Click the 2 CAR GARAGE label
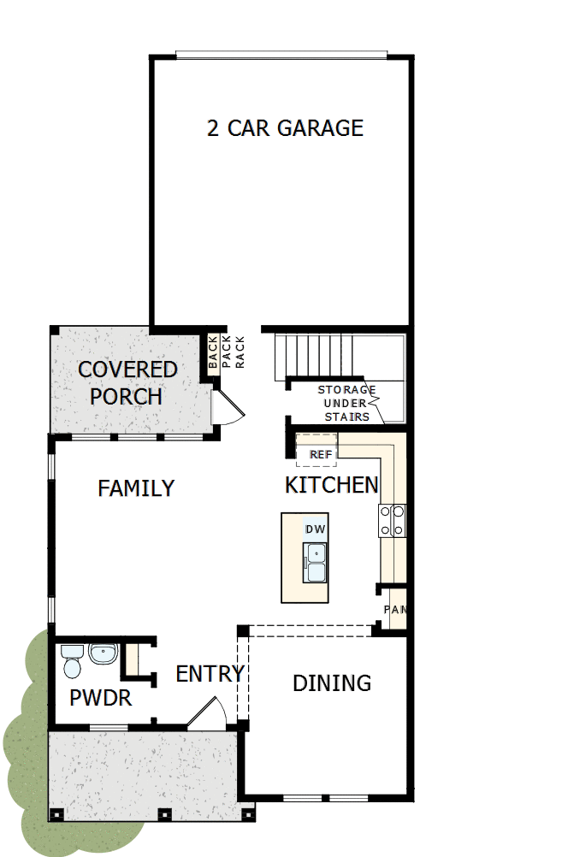[x=285, y=128]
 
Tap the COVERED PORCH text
[x=127, y=383]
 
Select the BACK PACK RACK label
[x=226, y=352]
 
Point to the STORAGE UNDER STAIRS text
[x=346, y=403]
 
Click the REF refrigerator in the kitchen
[x=321, y=453]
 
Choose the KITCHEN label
[x=331, y=485]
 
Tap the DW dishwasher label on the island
[x=314, y=529]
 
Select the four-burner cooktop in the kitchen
[x=393, y=521]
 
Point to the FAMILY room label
[x=136, y=488]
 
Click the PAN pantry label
[x=393, y=610]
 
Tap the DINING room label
[x=332, y=683]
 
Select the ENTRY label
[x=210, y=674]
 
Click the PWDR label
[x=101, y=698]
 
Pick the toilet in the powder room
[x=71, y=661]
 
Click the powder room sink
[x=103, y=655]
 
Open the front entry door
[x=207, y=714]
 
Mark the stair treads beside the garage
[x=313, y=355]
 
